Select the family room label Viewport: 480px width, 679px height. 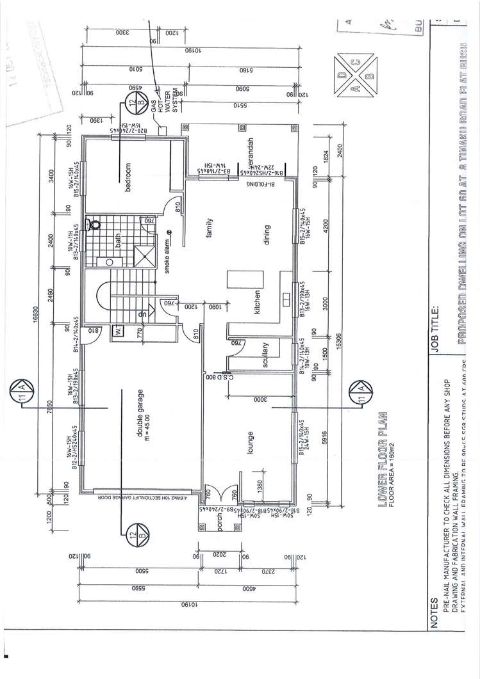pos(208,228)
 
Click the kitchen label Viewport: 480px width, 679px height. pos(256,301)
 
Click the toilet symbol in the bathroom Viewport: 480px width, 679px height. pos(95,224)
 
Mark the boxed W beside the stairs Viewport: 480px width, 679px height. pos(118,331)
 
